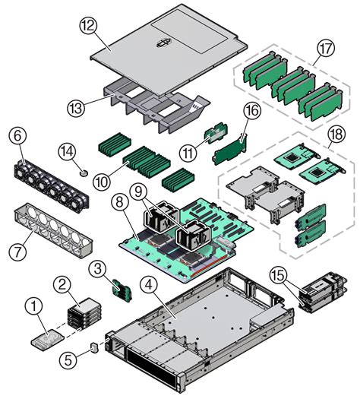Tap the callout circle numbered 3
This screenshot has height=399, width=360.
click(98, 267)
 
